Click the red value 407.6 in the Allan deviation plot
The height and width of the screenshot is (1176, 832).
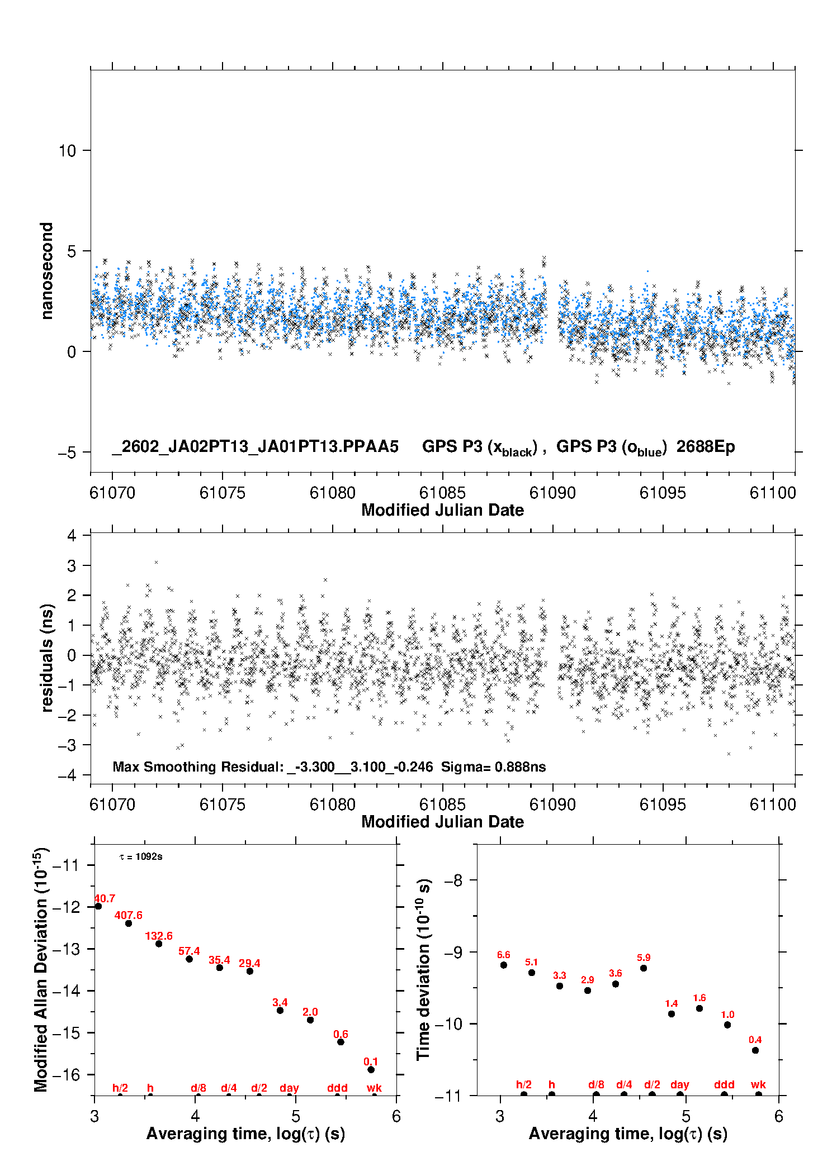pyautogui.click(x=128, y=915)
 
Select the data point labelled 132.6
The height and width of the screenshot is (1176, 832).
pyautogui.click(x=159, y=944)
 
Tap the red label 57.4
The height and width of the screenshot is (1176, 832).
pyautogui.click(x=189, y=951)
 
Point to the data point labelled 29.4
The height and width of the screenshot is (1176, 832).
pyautogui.click(x=250, y=971)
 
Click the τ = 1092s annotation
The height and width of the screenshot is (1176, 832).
pyautogui.click(x=141, y=856)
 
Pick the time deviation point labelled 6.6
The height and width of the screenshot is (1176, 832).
pyautogui.click(x=504, y=965)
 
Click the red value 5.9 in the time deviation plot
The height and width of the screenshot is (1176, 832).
pyautogui.click(x=644, y=957)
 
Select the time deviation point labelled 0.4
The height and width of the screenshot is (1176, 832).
pyautogui.click(x=755, y=1050)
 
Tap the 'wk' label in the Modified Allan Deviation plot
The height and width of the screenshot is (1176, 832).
pyautogui.click(x=374, y=1088)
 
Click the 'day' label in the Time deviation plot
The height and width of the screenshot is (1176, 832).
pyautogui.click(x=680, y=1084)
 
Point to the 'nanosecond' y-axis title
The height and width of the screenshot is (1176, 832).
pyautogui.click(x=47, y=271)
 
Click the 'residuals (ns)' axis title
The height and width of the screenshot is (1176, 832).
pyautogui.click(x=47, y=658)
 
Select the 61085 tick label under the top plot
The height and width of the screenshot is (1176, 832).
pyautogui.click(x=442, y=493)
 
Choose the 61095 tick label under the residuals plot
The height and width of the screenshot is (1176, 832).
pyautogui.click(x=663, y=804)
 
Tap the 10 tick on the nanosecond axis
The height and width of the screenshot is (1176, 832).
pyautogui.click(x=67, y=151)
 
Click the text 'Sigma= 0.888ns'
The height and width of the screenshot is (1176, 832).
pyautogui.click(x=493, y=766)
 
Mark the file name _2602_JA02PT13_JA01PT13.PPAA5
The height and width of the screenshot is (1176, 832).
pyautogui.click(x=255, y=446)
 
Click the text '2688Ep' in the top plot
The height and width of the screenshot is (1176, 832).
pyautogui.click(x=706, y=446)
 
